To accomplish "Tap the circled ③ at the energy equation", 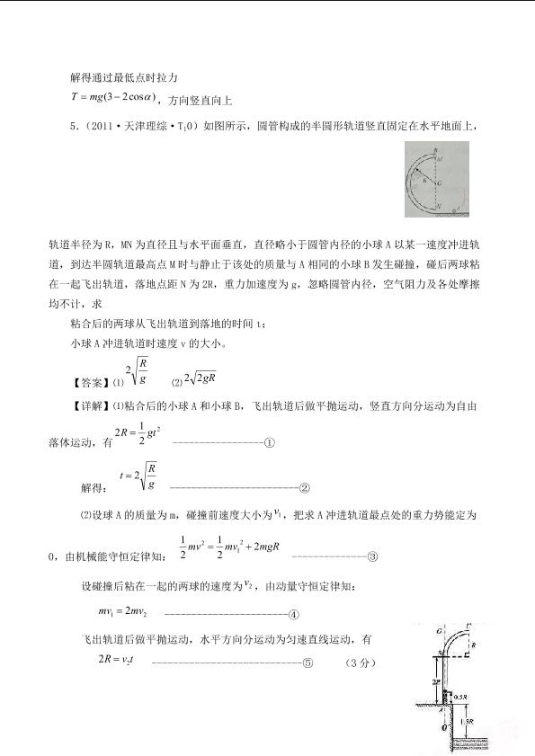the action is click(372, 555).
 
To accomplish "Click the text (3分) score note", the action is click(357, 663).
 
